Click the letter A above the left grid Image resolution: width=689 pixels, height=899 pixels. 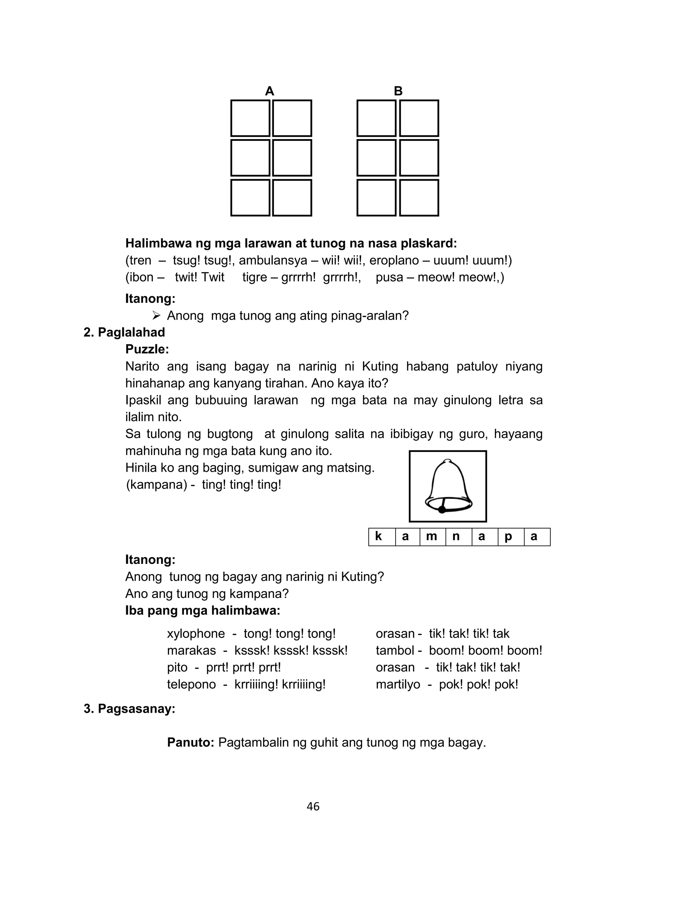[269, 91]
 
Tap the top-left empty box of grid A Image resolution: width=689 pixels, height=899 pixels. [250, 118]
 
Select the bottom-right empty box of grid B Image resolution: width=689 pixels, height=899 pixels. [419, 197]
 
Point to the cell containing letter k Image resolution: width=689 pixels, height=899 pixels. [382, 537]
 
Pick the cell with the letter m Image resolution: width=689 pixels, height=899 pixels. [432, 537]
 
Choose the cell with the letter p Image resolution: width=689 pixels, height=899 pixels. [511, 537]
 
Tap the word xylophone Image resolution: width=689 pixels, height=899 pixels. [195, 633]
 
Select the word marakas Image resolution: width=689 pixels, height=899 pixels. [191, 650]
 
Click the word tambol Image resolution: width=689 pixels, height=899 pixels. [395, 650]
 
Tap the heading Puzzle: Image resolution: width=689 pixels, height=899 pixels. [147, 349]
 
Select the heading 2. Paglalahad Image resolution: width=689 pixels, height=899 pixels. [124, 332]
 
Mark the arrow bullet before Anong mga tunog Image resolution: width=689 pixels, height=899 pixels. [156, 315]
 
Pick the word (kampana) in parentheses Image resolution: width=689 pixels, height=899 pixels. [156, 485]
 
